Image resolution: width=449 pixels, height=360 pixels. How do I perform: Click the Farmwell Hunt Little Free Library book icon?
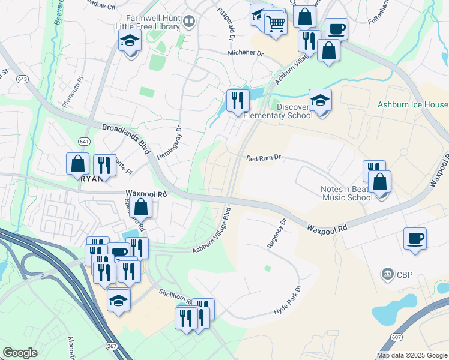click(189, 23)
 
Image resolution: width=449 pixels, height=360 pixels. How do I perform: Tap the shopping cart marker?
click(276, 25)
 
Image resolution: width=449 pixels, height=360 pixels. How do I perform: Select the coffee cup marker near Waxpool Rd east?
click(415, 239)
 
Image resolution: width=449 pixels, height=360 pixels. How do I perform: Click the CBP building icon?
click(387, 275)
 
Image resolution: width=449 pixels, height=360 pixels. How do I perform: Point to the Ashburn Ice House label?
click(412, 104)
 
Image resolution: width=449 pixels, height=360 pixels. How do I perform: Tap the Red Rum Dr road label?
click(264, 158)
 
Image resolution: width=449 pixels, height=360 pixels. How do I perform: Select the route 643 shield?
click(23, 79)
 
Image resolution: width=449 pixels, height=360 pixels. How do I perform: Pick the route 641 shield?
click(83, 141)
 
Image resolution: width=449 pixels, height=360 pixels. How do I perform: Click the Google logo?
click(20, 353)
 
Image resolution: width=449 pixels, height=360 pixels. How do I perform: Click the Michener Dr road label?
click(246, 53)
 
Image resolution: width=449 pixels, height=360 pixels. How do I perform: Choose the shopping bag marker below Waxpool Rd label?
click(141, 208)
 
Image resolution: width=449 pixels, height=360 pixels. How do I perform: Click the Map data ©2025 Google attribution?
click(411, 354)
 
